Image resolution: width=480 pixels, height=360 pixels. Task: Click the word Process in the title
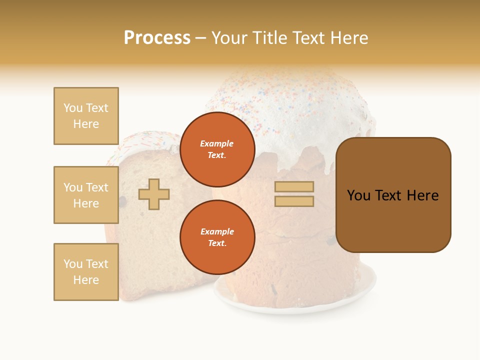(x=157, y=38)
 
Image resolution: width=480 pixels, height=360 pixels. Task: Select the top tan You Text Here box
(x=86, y=116)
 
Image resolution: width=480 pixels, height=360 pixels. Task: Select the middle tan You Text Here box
(x=86, y=195)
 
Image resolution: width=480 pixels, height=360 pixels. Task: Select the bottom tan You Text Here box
(x=86, y=272)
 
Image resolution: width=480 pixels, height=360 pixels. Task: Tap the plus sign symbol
(x=154, y=194)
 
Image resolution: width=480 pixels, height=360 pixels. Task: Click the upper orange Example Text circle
(x=217, y=149)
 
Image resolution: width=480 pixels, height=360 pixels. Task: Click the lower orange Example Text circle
(x=217, y=237)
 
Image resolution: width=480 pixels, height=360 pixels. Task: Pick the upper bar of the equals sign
(x=294, y=187)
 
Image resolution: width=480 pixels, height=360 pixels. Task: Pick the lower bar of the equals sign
(x=294, y=201)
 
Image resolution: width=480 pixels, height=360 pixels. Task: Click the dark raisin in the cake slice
(x=123, y=201)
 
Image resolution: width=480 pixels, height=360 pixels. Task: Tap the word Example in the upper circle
(x=217, y=143)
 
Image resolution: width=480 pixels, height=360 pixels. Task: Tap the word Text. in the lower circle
(x=217, y=243)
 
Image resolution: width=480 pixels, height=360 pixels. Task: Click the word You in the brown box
(x=358, y=195)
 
